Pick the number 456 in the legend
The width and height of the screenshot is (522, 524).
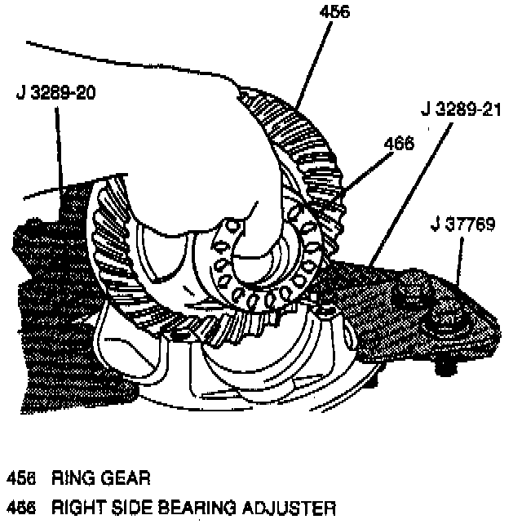pos(20,475)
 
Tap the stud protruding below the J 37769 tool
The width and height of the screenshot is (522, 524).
pos(444,366)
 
